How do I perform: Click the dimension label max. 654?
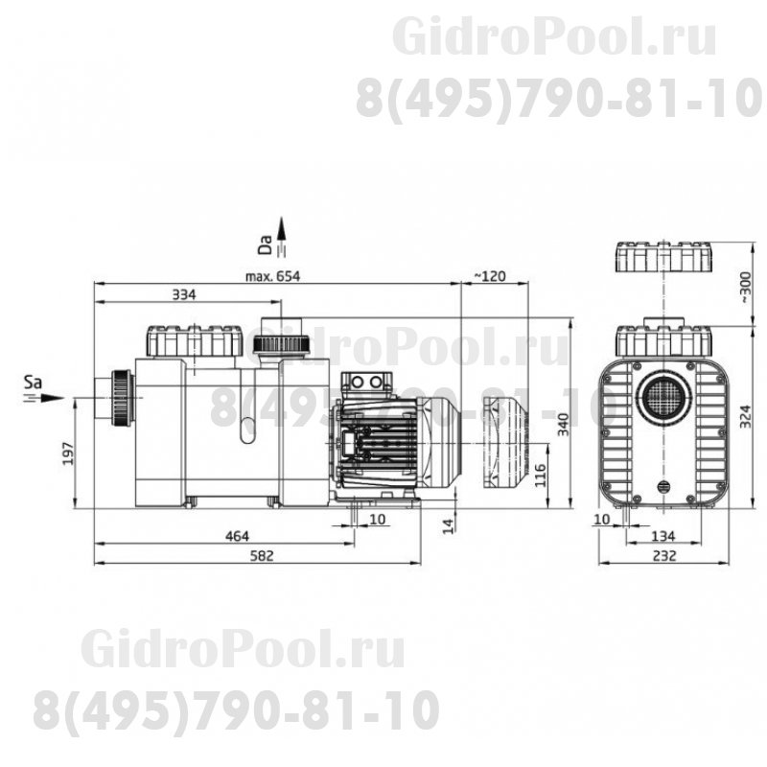tap(272, 276)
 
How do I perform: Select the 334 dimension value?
tap(184, 294)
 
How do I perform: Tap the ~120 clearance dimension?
tap(491, 276)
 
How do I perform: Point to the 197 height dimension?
tap(68, 453)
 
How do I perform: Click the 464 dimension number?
tap(237, 536)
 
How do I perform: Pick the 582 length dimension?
tap(262, 556)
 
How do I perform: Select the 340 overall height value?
tap(564, 424)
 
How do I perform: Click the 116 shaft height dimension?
tap(540, 475)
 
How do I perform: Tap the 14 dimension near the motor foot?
tap(449, 525)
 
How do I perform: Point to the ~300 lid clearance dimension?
tap(745, 287)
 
